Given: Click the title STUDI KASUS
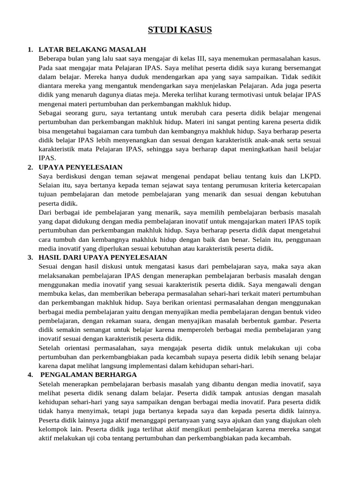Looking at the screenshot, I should [x=180, y=30].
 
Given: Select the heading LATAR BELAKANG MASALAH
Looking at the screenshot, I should [x=92, y=49].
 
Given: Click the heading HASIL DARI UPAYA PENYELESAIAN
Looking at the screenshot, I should [x=103, y=257].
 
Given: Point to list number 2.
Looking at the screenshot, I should [x=30, y=167].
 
